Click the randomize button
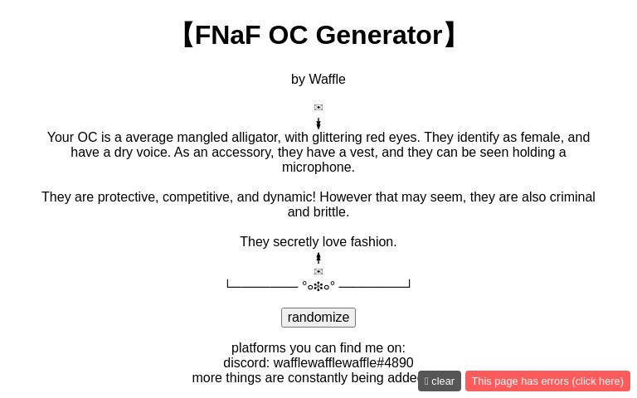click(x=318, y=318)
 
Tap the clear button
click(x=440, y=381)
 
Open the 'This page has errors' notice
click(x=547, y=381)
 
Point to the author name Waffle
click(x=327, y=80)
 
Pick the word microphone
click(x=318, y=167)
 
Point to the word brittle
click(x=329, y=212)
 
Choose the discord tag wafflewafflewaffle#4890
click(x=343, y=363)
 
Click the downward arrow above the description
click(x=318, y=124)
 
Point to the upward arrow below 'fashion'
click(x=318, y=258)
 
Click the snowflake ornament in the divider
click(x=318, y=285)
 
